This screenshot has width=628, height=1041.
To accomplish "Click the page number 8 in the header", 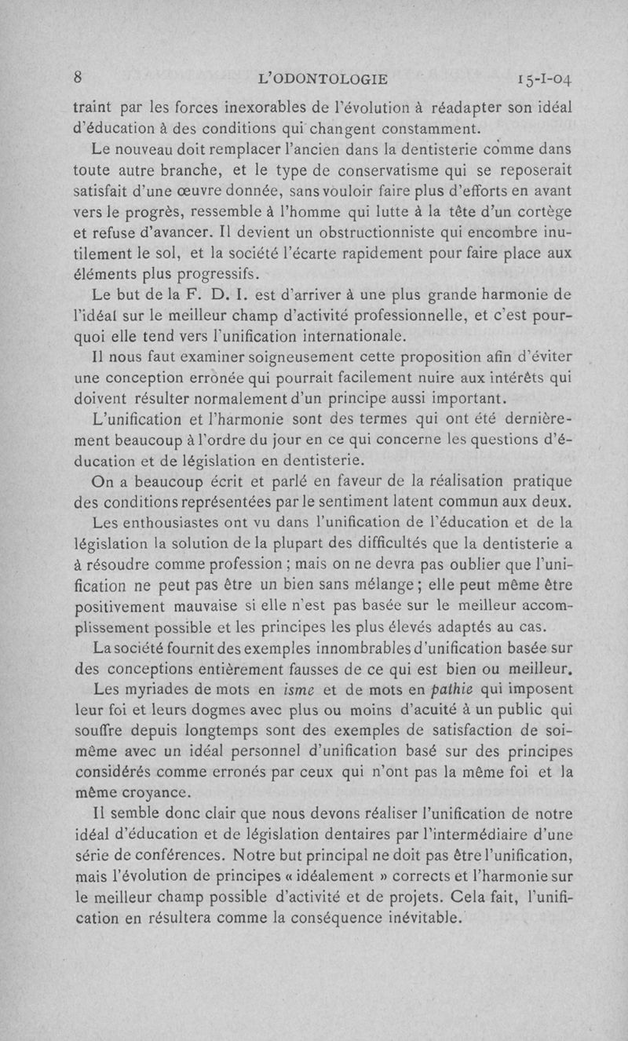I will (78, 77).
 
